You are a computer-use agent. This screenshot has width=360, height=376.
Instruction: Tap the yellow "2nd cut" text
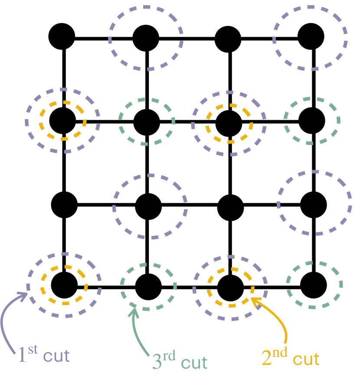tap(291, 358)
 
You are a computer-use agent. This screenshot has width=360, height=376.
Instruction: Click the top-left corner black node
tap(62, 37)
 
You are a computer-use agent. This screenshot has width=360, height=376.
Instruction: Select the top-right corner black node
tap(311, 37)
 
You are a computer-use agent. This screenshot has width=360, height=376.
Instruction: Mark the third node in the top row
tap(229, 38)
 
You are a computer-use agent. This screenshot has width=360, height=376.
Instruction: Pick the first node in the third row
tap(64, 204)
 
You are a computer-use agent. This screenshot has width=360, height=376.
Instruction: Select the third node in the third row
tap(230, 206)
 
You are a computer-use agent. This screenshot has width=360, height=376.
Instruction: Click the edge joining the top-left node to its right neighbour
tap(104, 38)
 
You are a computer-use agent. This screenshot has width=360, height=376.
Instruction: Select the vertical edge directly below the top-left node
tap(64, 78)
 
